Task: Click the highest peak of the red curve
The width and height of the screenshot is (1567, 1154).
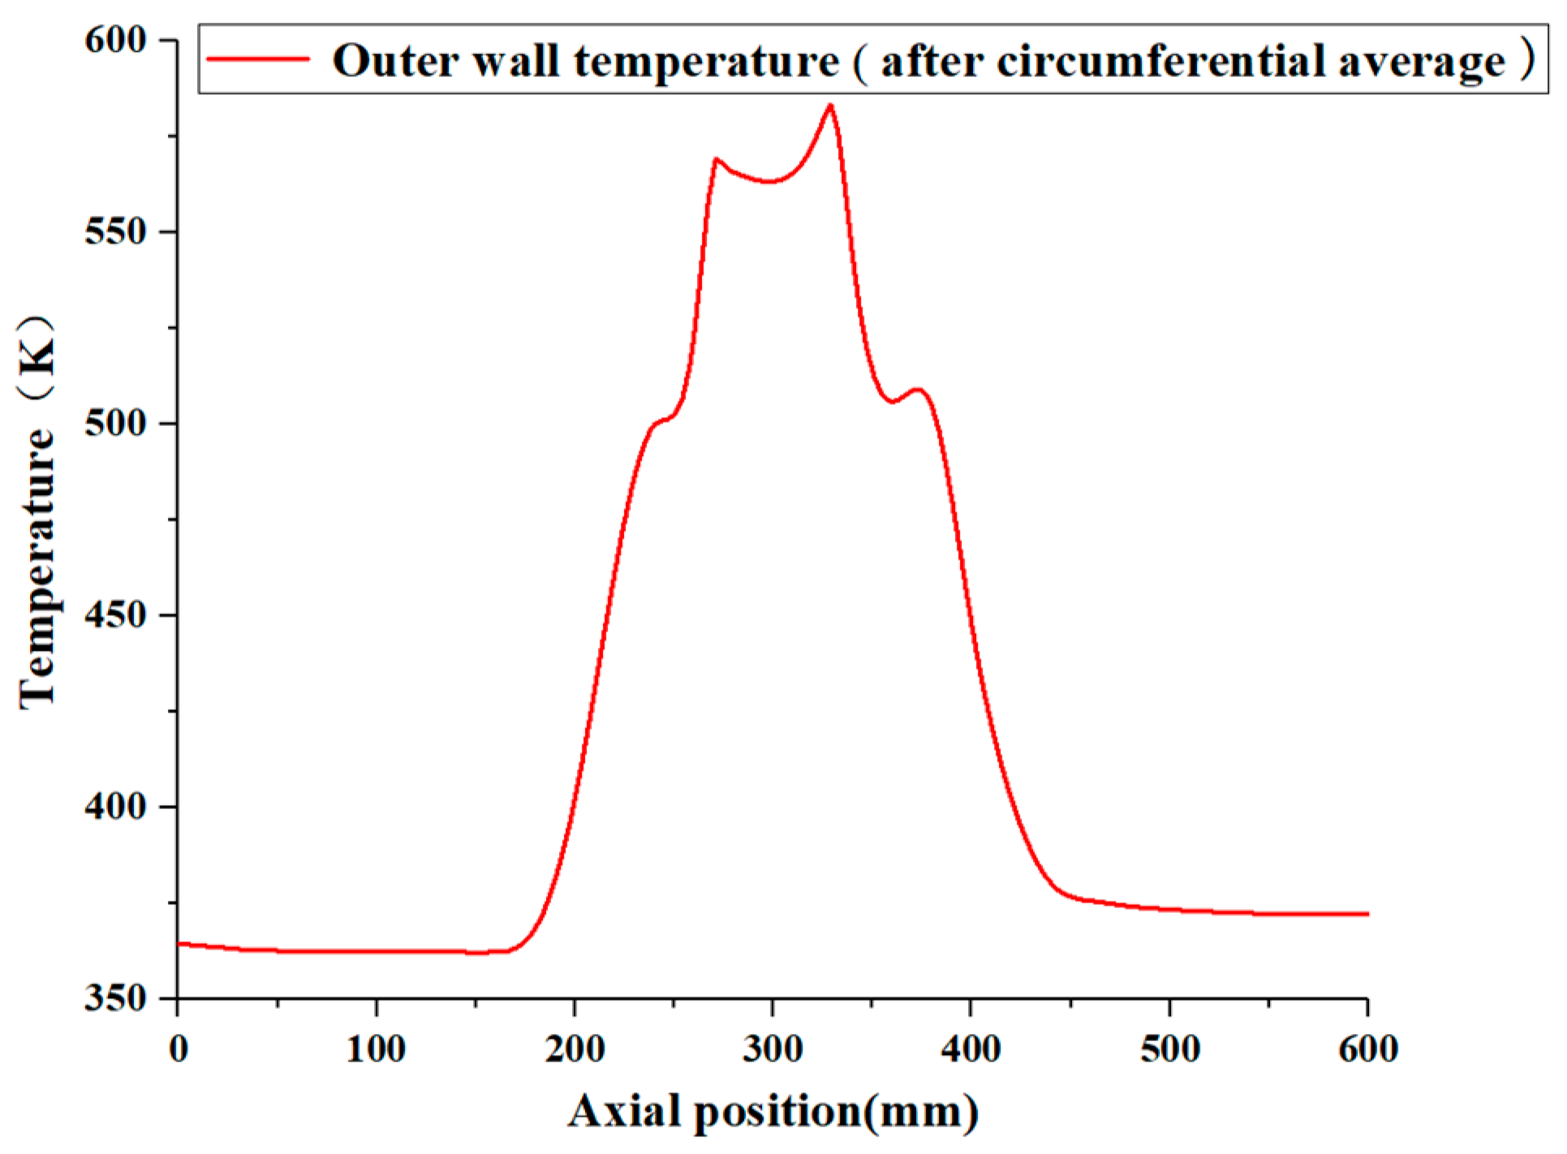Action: tap(830, 105)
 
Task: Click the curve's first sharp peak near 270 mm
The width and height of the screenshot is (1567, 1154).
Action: tap(716, 159)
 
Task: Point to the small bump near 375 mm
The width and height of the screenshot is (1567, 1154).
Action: tap(919, 390)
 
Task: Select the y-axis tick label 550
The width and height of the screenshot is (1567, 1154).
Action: tap(114, 231)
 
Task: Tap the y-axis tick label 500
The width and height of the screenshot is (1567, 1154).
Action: tap(114, 423)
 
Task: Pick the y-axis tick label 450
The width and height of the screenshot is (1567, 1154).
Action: tap(114, 614)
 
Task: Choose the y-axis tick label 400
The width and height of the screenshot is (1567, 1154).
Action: tap(114, 806)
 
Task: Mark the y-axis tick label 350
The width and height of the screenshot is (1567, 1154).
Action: tap(114, 997)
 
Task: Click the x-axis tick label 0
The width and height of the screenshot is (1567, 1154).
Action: tap(179, 1049)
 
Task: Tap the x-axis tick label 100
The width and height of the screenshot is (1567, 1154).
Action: tap(376, 1049)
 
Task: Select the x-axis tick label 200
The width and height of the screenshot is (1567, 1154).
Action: tap(575, 1049)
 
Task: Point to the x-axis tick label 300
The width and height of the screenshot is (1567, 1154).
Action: tap(773, 1049)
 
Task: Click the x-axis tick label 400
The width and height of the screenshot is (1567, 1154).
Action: tap(971, 1049)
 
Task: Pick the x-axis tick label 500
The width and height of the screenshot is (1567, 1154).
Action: tap(1169, 1049)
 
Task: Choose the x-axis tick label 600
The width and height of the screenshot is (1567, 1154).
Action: tap(1368, 1049)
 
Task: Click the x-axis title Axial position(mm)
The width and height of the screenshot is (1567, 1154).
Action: tap(773, 1112)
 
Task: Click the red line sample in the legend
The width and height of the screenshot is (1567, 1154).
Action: tap(258, 59)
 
